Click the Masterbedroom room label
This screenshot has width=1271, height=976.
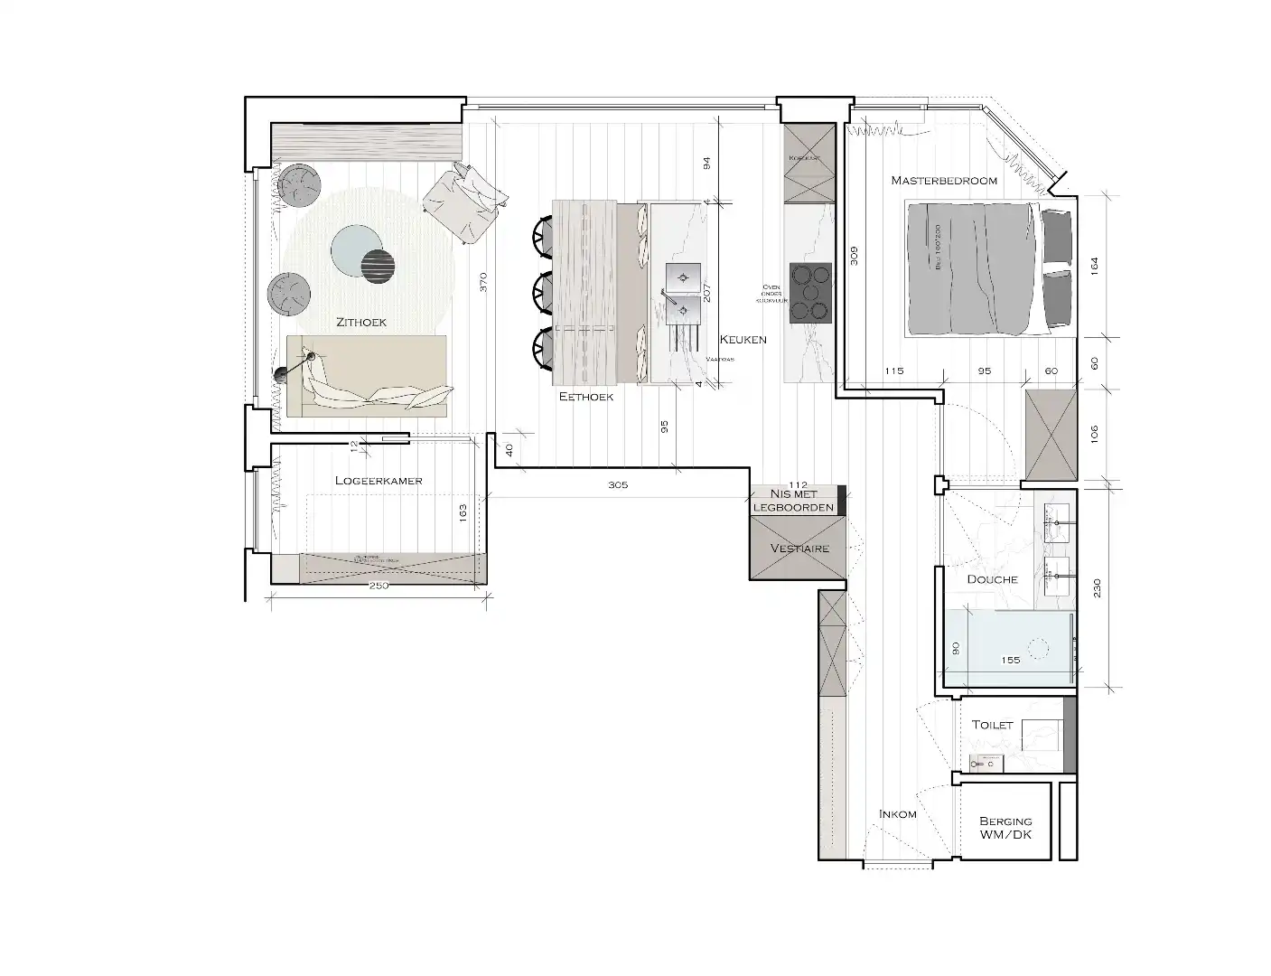click(944, 181)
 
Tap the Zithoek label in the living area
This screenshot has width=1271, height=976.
click(361, 322)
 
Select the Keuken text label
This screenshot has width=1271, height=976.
click(743, 340)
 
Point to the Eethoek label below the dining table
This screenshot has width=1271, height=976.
click(586, 397)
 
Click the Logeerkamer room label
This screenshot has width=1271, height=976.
click(378, 481)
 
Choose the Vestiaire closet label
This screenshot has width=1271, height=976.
click(799, 549)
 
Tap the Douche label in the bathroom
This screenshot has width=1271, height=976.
click(992, 579)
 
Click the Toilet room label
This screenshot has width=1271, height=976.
click(992, 725)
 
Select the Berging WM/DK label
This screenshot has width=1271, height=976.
click(1005, 828)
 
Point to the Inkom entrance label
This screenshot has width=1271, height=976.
click(897, 814)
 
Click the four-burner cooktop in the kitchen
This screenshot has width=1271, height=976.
click(810, 293)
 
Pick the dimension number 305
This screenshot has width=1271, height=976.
click(618, 485)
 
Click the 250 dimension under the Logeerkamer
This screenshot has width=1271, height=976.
click(378, 587)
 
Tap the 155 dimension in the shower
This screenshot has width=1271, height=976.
click(1011, 661)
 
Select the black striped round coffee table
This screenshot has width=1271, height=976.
click(378, 264)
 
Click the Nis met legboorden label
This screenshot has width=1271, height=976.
click(794, 501)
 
